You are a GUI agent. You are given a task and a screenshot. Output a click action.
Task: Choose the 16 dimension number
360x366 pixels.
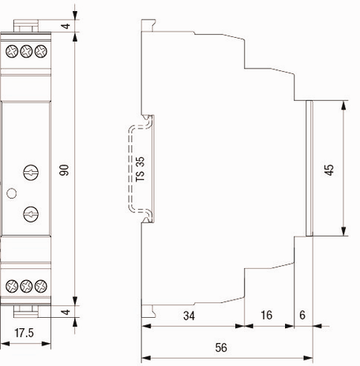(x=266, y=315)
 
